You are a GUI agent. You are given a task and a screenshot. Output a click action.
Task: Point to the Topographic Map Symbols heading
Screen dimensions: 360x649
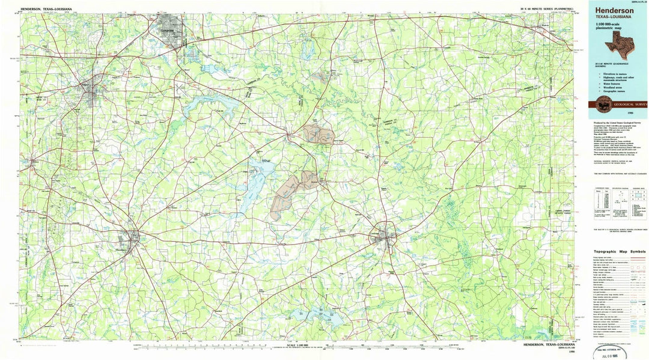click(620, 252)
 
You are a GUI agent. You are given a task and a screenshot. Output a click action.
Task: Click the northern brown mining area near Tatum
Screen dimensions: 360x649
click(318, 133)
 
